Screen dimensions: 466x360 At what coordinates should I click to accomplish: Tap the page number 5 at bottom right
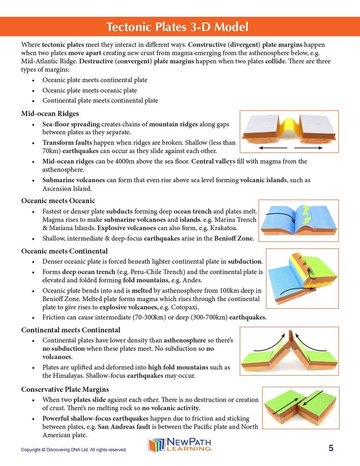pos(331,448)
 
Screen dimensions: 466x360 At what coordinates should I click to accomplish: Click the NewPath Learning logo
pos(180,445)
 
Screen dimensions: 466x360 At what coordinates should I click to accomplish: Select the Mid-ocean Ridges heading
pos(50,114)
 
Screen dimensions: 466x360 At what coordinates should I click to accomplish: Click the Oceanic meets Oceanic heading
pos(58,201)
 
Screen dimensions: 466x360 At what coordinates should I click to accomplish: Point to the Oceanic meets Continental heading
pos(65,251)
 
